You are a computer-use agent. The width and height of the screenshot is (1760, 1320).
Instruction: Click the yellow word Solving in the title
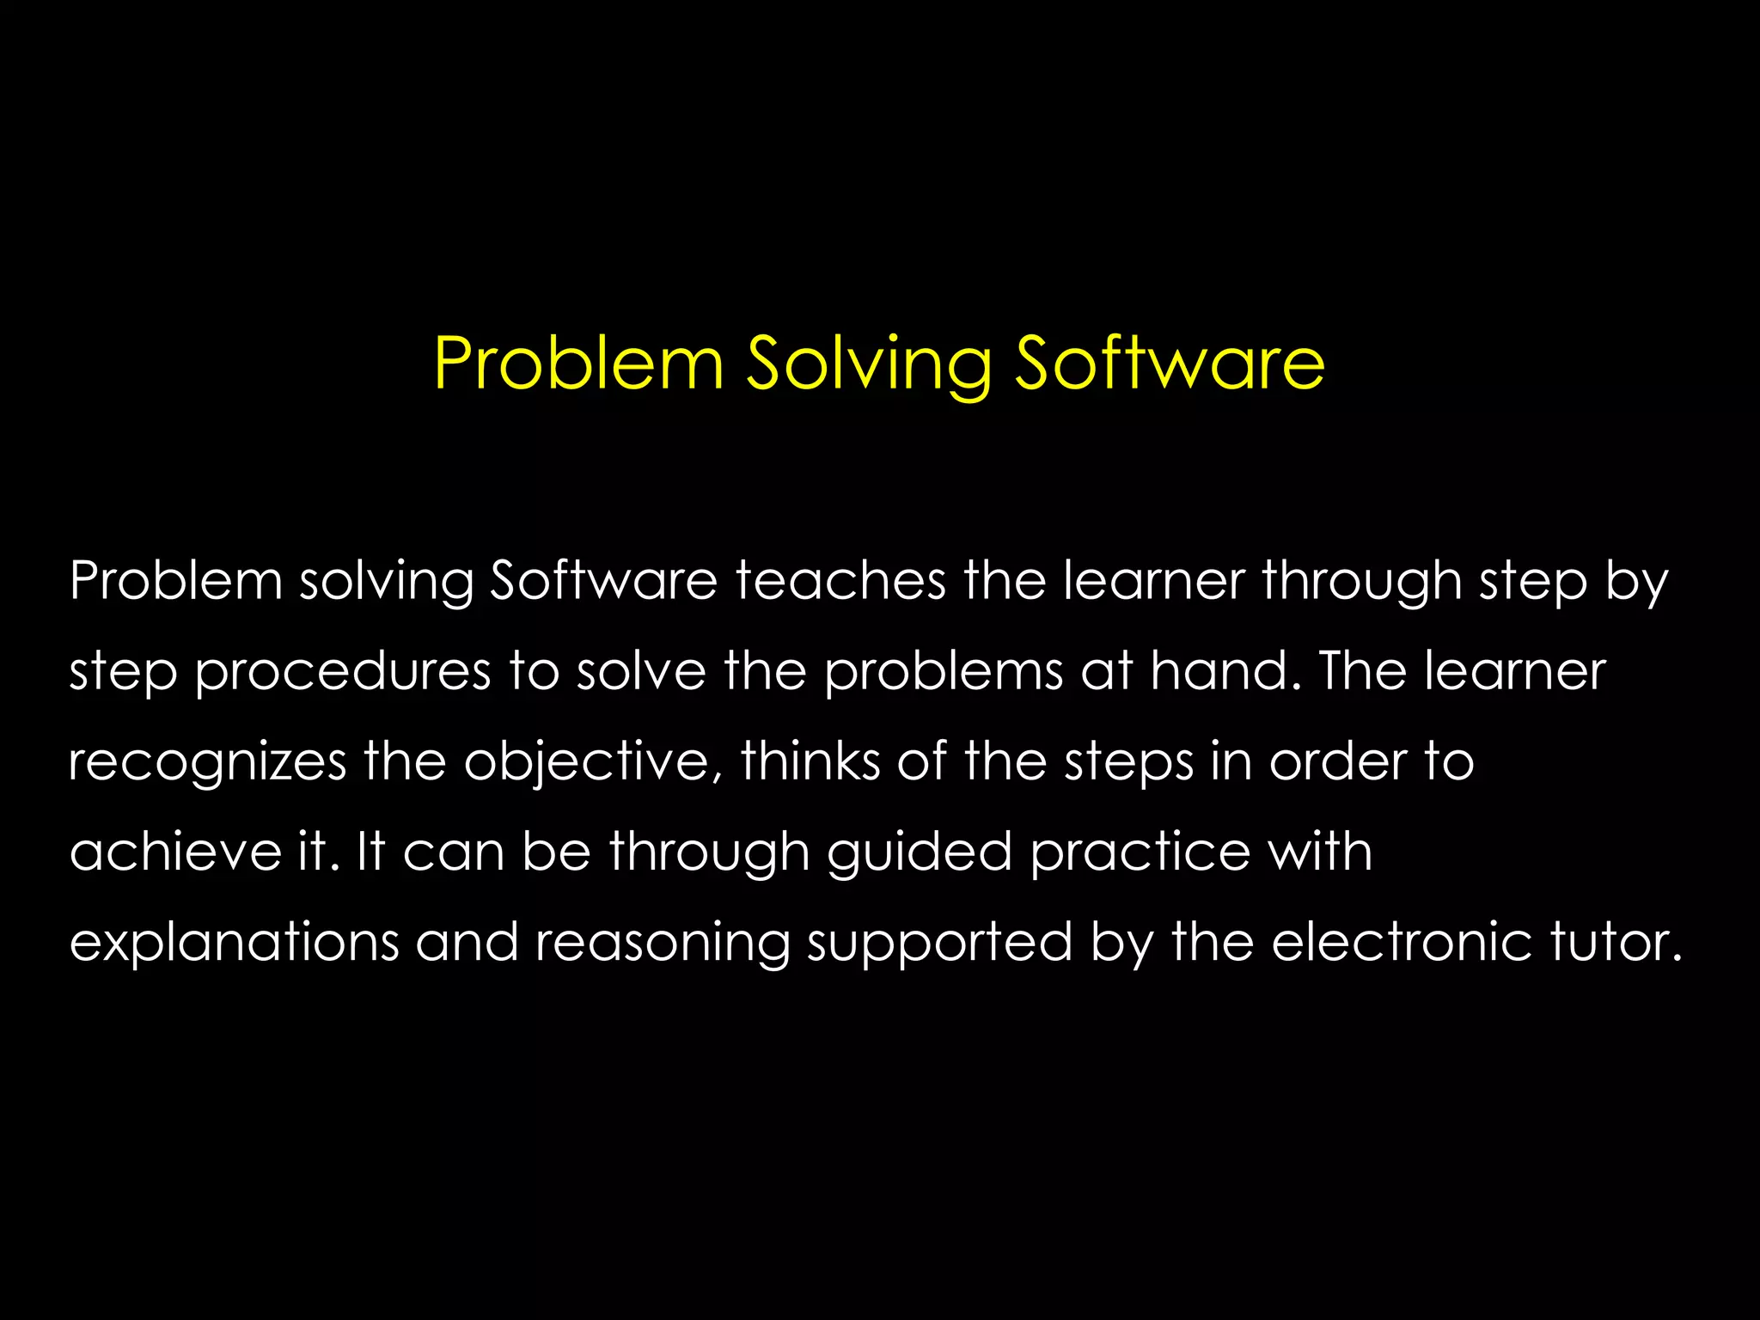click(x=869, y=364)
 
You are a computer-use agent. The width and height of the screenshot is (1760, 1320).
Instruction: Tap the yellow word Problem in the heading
click(x=579, y=364)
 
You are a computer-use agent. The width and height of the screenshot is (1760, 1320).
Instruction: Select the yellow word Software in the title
click(x=1170, y=364)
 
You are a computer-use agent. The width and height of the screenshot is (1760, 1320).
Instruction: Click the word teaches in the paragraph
click(x=840, y=581)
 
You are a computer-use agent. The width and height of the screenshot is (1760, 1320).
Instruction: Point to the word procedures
click(x=343, y=672)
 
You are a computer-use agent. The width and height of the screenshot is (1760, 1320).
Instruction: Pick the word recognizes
click(x=207, y=762)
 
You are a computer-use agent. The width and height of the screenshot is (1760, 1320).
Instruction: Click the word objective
click(x=593, y=762)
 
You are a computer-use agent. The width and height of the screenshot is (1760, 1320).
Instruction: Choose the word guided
click(x=920, y=852)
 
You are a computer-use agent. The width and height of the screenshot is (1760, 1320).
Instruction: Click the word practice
click(x=1140, y=852)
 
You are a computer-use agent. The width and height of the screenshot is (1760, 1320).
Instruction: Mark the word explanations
click(x=234, y=943)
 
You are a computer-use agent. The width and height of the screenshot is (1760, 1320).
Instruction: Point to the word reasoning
click(x=663, y=944)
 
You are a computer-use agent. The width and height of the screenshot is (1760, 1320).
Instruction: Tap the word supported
click(x=940, y=944)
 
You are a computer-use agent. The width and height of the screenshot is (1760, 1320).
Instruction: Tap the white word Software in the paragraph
click(x=603, y=581)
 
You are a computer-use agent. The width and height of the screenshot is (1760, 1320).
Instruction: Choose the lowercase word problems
click(x=944, y=671)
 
